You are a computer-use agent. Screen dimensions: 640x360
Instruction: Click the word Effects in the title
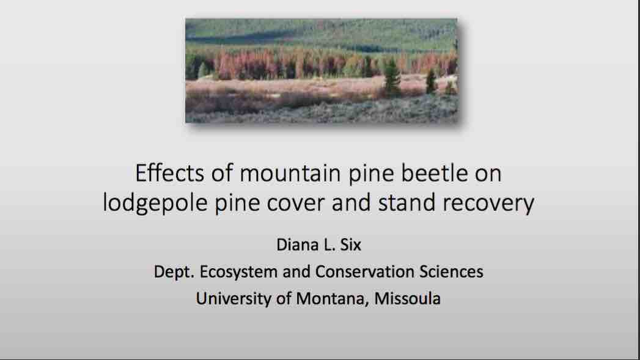[x=169, y=172]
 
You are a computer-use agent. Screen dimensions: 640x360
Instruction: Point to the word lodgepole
[x=155, y=203]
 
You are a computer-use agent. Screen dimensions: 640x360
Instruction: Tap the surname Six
[x=351, y=244]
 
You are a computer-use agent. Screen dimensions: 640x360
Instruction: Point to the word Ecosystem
[x=238, y=272]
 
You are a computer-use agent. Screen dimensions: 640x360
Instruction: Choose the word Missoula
[x=407, y=298]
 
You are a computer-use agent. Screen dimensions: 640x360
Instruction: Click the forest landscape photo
[x=322, y=71]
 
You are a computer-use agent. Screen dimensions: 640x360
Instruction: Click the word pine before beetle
[x=370, y=174]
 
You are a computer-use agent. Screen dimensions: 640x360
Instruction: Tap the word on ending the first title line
[x=488, y=174]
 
